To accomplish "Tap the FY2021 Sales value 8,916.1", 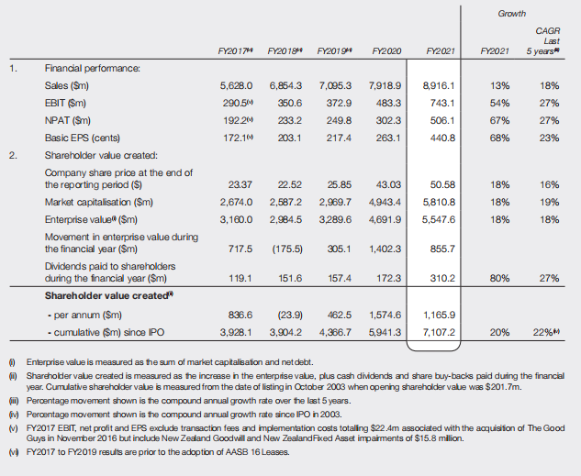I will point(437,85).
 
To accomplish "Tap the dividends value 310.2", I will point(441,276).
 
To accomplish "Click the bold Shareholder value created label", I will point(109,295).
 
